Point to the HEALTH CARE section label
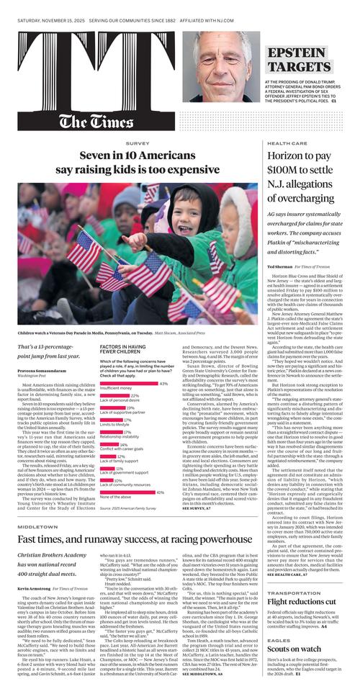tap(287, 145)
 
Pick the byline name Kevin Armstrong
tap(36, 588)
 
